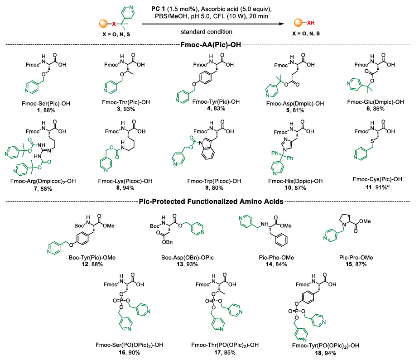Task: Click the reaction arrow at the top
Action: click(209, 24)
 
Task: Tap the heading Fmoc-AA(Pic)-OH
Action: click(209, 45)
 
